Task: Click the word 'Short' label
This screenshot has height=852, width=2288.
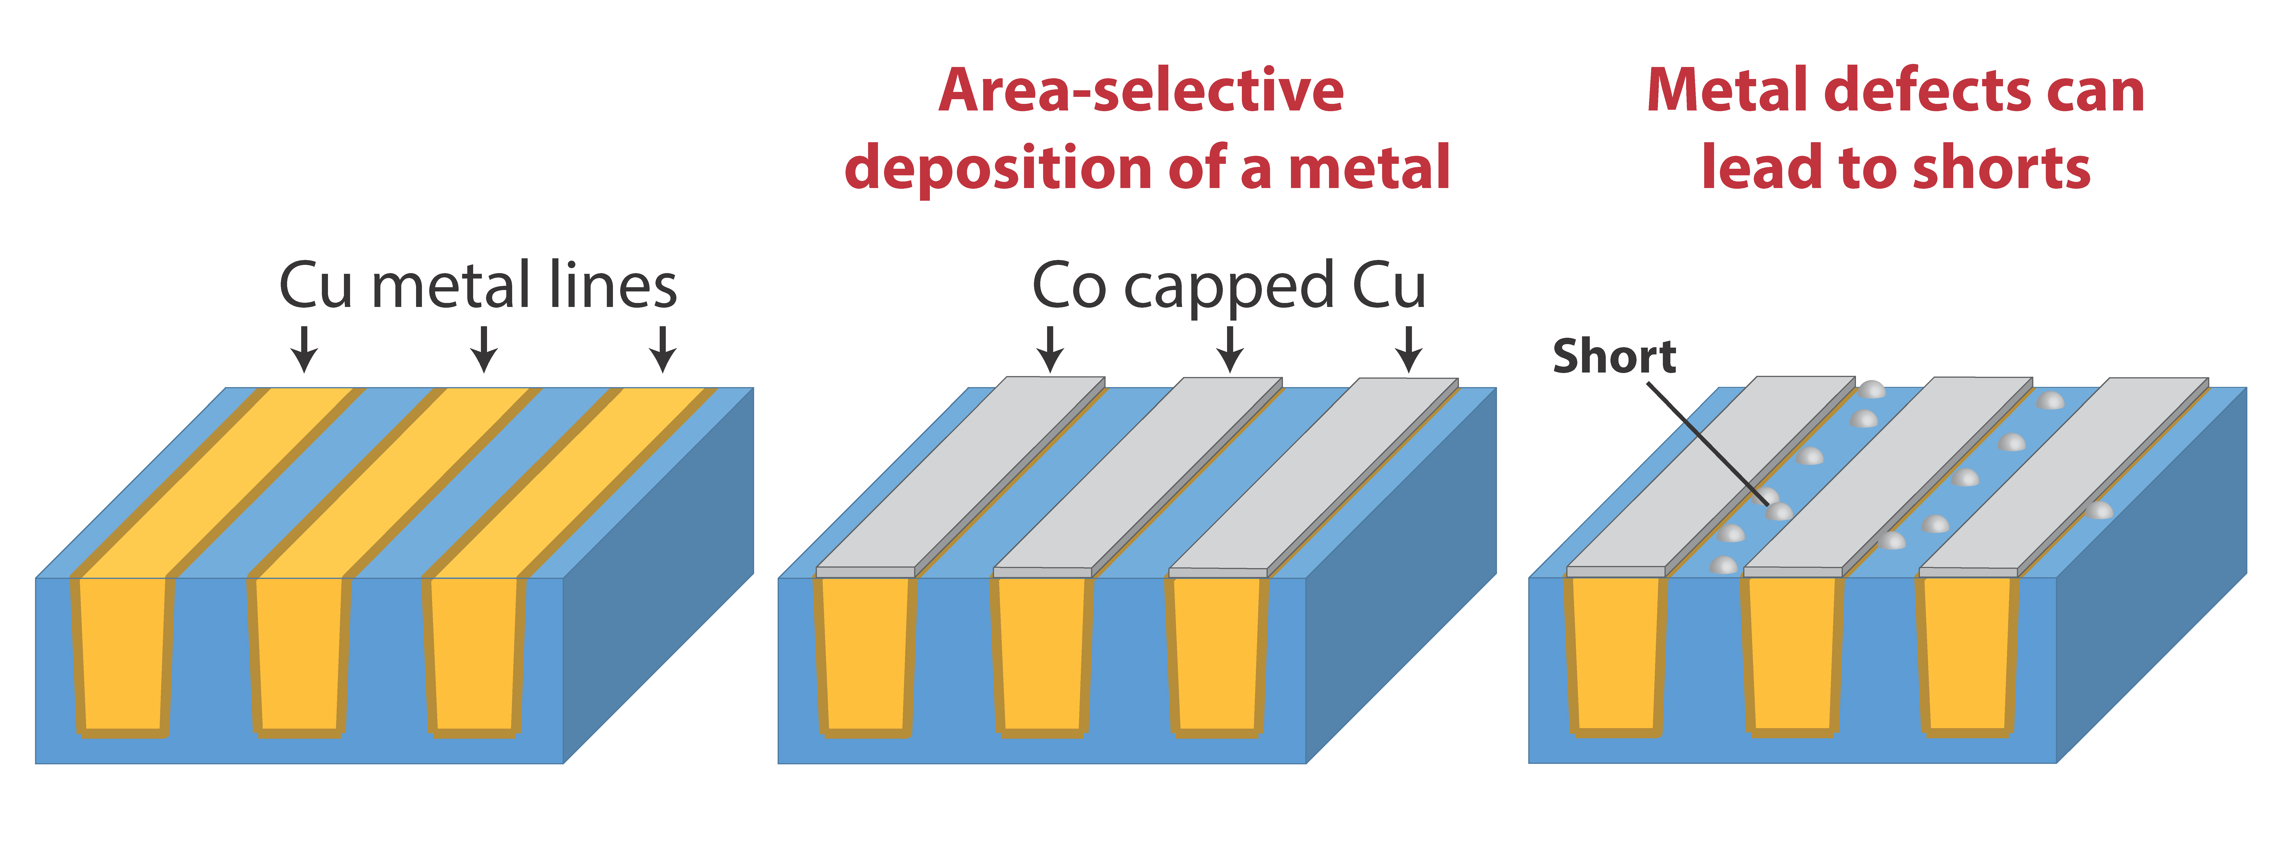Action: pos(1614,356)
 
